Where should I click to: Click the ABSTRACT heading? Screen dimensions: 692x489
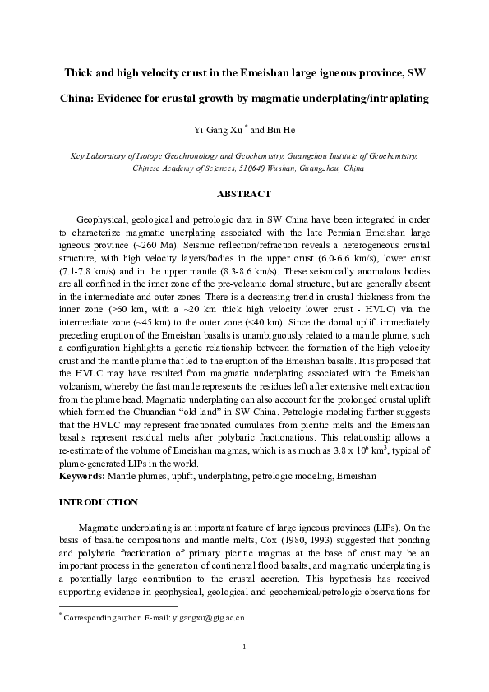[x=243, y=194]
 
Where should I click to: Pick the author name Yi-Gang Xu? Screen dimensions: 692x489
[x=218, y=129]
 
